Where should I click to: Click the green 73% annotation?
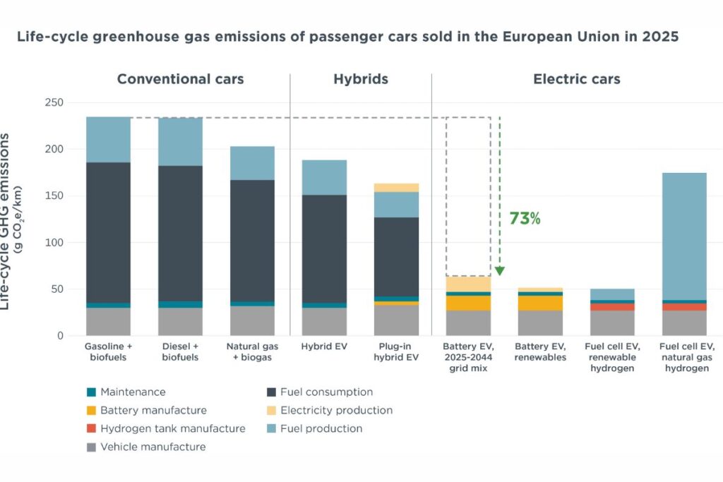(x=525, y=219)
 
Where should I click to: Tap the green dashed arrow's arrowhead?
(x=499, y=271)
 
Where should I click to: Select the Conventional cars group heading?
(x=180, y=79)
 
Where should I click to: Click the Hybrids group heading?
(x=361, y=79)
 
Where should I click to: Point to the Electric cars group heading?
(x=576, y=79)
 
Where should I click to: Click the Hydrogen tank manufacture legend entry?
(x=173, y=428)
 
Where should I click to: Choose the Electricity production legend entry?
(x=336, y=410)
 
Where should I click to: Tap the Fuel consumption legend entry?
(x=326, y=392)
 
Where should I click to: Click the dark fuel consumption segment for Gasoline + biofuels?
(x=108, y=232)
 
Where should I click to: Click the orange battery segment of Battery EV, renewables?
(x=540, y=303)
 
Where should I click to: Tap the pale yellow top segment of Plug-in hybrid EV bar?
(x=397, y=188)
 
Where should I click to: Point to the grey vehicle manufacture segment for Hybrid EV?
(x=324, y=322)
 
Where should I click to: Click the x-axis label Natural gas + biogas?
(x=252, y=351)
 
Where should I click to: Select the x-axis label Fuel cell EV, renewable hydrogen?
(x=612, y=356)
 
